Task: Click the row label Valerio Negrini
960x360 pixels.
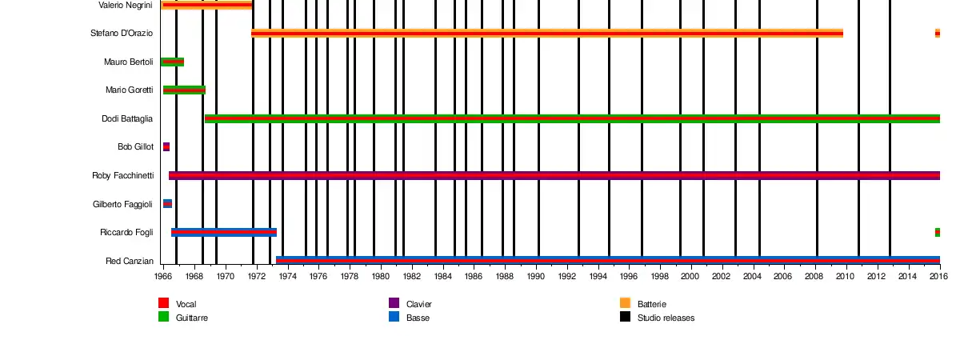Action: click(126, 5)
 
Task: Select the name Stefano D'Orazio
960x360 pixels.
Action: click(122, 34)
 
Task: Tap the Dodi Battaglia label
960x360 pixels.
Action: click(127, 118)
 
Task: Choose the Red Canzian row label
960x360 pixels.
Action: click(129, 261)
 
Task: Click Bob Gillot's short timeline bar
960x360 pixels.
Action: click(166, 147)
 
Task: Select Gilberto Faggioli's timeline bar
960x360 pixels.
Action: click(167, 204)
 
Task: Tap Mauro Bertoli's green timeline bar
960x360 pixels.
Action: click(172, 62)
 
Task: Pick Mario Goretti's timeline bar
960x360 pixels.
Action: click(184, 90)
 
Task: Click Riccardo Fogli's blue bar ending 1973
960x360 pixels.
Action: click(224, 232)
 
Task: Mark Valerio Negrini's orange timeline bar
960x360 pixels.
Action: click(206, 5)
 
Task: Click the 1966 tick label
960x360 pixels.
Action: click(162, 276)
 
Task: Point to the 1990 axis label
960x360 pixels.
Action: click(535, 276)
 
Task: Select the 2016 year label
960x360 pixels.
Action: click(938, 276)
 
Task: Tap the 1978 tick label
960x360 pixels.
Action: click(349, 276)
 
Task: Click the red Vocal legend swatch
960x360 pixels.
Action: click(164, 303)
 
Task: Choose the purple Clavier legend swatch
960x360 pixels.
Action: click(394, 303)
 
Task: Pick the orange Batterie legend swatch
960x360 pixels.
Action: click(626, 303)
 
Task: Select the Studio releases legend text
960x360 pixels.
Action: click(666, 318)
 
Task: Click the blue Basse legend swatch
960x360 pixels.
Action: click(394, 317)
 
